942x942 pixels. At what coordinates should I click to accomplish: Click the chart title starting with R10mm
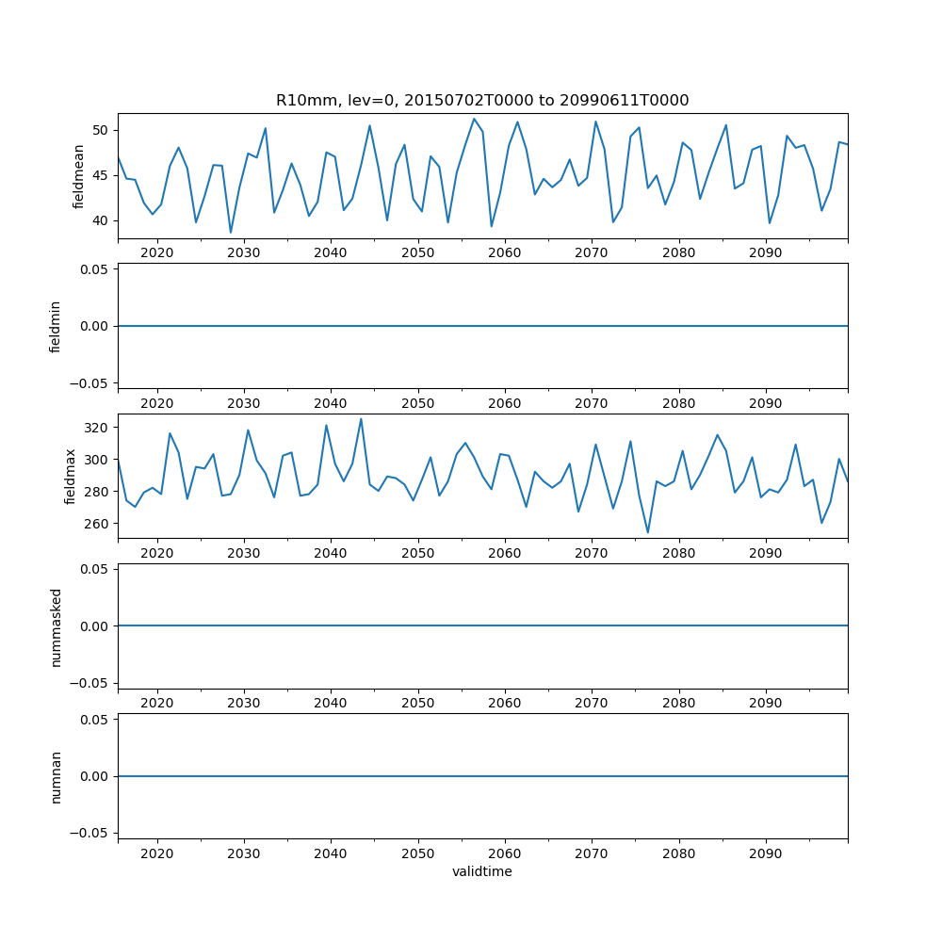pyautogui.click(x=481, y=100)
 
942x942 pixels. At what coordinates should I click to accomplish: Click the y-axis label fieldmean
pyautogui.click(x=79, y=176)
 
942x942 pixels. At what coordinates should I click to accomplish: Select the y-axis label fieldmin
pyautogui.click(x=56, y=326)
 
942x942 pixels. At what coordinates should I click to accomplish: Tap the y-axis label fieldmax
pyautogui.click(x=70, y=477)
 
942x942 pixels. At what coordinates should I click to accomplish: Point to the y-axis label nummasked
pyautogui.click(x=56, y=626)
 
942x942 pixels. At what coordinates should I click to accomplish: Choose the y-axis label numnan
pyautogui.click(x=56, y=776)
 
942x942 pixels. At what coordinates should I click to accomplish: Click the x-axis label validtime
pyautogui.click(x=481, y=872)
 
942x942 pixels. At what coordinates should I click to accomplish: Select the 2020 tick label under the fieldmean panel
pyautogui.click(x=156, y=253)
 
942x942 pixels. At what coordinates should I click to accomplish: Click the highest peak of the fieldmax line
pyautogui.click(x=361, y=419)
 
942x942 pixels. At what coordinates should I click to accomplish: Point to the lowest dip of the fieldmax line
pyautogui.click(x=647, y=532)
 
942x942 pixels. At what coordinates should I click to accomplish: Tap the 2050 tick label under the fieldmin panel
pyautogui.click(x=417, y=403)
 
